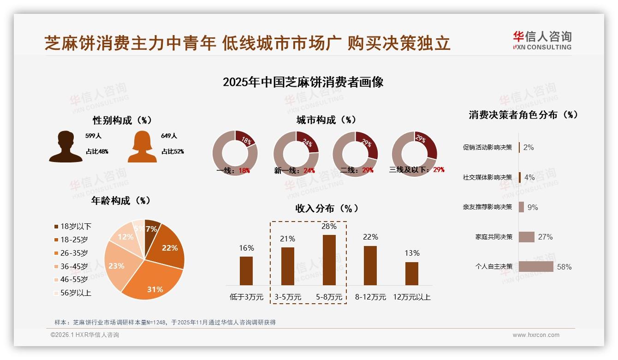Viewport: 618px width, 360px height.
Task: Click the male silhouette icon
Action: coord(65,147)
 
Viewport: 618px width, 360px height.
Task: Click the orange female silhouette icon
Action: coord(142,147)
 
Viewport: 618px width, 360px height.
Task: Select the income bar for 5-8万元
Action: coord(329,260)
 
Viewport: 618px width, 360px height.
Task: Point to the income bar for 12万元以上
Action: coord(411,274)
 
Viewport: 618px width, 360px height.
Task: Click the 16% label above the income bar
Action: coord(246,248)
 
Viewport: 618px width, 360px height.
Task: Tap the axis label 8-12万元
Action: coord(370,297)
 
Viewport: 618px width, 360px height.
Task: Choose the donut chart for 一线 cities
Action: coord(235,153)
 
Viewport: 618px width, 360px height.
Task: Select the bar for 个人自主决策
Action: coord(536,267)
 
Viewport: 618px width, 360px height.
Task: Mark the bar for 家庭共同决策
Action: coord(527,237)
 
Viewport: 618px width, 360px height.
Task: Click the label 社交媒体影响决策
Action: coord(487,177)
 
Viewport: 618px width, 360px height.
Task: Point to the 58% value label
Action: coord(564,267)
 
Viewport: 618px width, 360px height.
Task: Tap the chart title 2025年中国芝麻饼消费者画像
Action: coord(303,82)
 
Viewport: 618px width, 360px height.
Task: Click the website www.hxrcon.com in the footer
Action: coord(536,335)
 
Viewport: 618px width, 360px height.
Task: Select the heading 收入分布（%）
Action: coord(327,208)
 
